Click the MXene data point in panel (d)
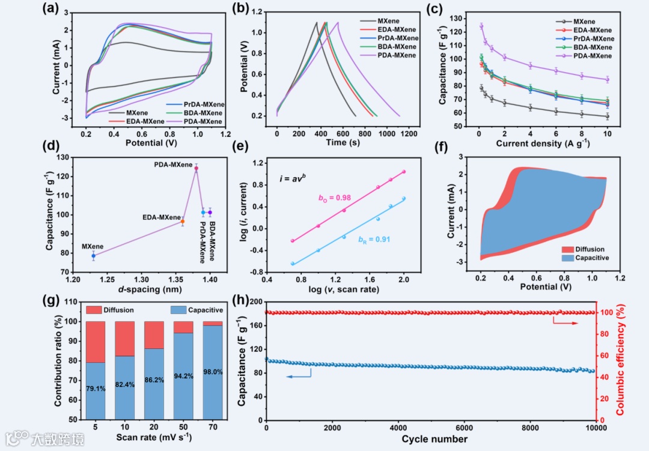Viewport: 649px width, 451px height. (94, 256)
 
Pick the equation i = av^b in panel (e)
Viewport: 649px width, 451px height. (293, 178)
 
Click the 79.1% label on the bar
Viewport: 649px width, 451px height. (96, 389)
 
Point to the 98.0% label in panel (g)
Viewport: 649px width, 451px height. (213, 372)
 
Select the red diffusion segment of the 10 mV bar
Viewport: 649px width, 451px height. (124, 338)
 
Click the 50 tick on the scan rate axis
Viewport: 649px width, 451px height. (184, 426)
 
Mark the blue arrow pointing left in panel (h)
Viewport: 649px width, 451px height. (299, 376)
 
